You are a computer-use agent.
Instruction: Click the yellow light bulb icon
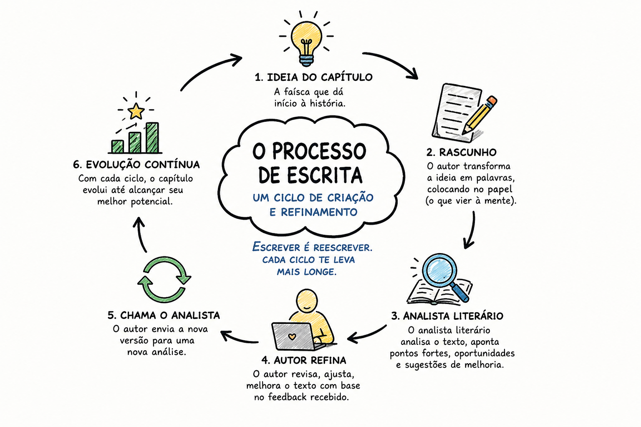click(x=306, y=43)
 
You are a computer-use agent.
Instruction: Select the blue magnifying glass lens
click(x=440, y=271)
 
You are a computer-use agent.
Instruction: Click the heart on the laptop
click(x=292, y=337)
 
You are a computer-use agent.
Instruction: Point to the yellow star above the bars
click(x=136, y=111)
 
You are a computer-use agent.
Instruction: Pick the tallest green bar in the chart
click(x=152, y=138)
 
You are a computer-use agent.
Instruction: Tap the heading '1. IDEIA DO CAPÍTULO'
click(x=314, y=77)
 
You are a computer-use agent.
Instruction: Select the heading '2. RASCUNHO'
click(x=461, y=153)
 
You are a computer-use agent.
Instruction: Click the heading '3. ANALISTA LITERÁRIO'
click(x=447, y=316)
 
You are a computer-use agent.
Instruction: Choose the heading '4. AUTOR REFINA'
click(x=304, y=360)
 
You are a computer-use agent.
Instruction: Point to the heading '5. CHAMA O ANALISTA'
click(x=164, y=315)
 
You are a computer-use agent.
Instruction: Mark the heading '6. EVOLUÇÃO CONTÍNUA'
click(x=136, y=165)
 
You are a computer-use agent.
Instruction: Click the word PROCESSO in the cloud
click(x=319, y=151)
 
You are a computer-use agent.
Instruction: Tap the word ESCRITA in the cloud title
click(x=325, y=175)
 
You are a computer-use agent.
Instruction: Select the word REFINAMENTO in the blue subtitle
click(x=319, y=212)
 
